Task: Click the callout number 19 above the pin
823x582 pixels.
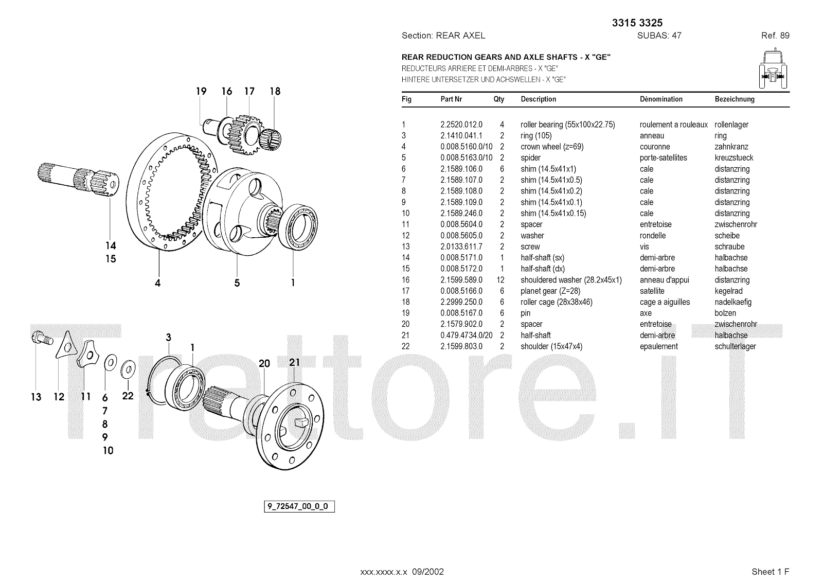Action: point(201,91)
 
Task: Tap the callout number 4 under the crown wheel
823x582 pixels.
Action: point(157,283)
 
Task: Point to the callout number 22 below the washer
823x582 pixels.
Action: point(128,396)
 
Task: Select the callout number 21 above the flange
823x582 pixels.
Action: point(294,362)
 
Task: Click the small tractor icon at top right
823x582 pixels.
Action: point(773,68)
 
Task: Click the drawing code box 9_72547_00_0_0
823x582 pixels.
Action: point(299,506)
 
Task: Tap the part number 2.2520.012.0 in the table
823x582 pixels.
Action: point(461,125)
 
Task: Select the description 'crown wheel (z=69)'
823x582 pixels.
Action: point(552,147)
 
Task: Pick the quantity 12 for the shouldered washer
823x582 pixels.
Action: point(500,280)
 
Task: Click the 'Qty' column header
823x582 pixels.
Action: point(499,99)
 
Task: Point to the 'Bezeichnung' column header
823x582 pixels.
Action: point(735,99)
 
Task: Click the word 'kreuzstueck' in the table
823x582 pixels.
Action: point(733,158)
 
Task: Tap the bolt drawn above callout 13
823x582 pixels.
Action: point(42,338)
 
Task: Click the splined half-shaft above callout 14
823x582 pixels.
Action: point(78,179)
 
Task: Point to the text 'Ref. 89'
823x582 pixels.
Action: point(775,36)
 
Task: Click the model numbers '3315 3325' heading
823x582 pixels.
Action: point(637,23)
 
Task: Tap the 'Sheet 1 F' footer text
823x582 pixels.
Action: point(770,572)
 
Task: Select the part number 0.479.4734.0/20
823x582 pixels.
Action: point(466,336)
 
